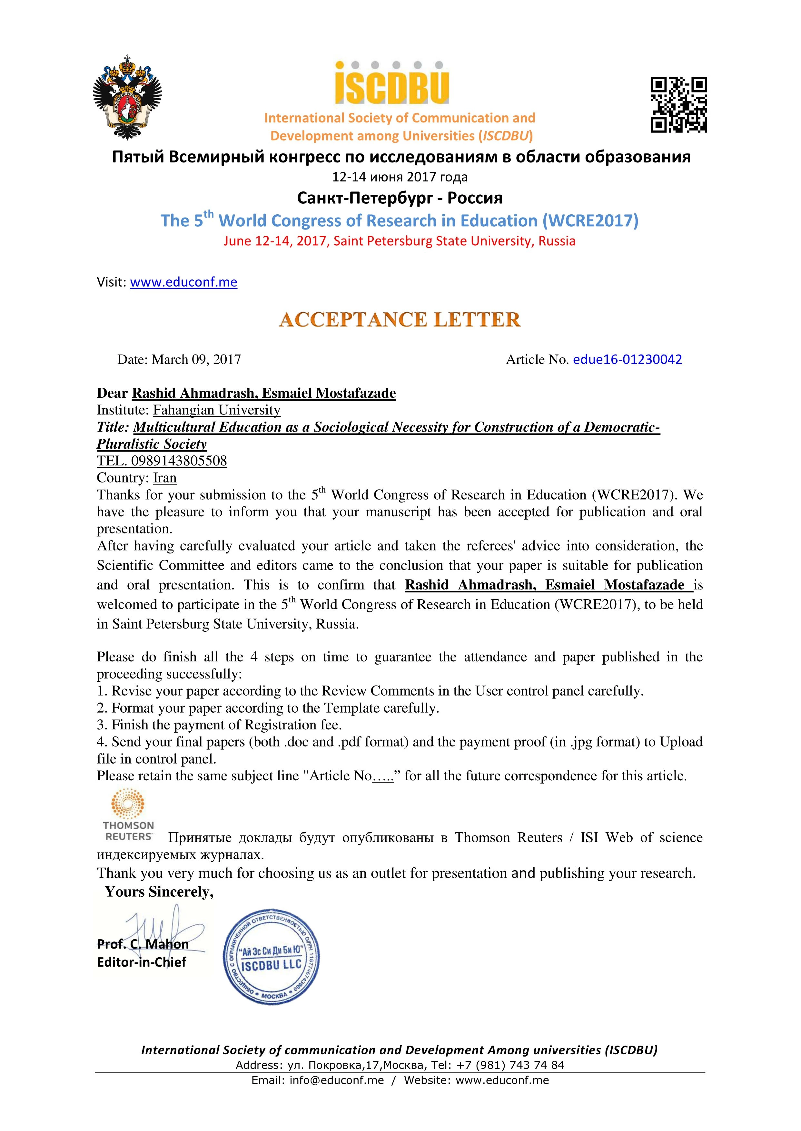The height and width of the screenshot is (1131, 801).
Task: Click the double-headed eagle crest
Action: click(x=127, y=97)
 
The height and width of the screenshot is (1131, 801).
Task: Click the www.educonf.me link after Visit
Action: click(x=183, y=282)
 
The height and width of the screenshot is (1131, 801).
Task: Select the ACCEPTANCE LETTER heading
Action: click(x=400, y=319)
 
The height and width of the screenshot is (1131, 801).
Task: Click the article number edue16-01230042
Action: click(x=627, y=359)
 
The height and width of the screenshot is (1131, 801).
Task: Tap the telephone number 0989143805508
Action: click(x=179, y=461)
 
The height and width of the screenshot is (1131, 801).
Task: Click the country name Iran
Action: click(x=165, y=478)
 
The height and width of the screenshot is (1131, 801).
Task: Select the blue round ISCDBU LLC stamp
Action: click(x=271, y=961)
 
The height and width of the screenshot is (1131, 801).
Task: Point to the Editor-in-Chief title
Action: click(x=142, y=962)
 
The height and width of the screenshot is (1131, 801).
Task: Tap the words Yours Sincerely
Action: click(x=159, y=892)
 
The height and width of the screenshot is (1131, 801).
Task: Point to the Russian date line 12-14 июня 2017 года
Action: click(x=400, y=177)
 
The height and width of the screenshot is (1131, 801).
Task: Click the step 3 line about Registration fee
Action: click(x=220, y=725)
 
